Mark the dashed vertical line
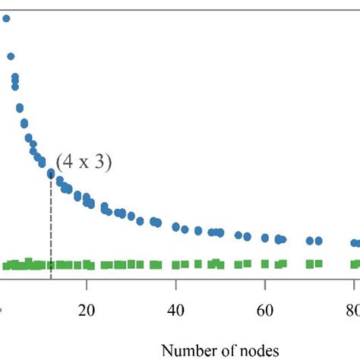click(51, 228)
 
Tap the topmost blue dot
click(5, 21)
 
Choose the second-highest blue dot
click(11, 55)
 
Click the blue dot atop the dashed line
click(51, 174)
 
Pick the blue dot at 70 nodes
click(310, 240)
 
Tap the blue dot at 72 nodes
click(319, 240)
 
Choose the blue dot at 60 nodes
click(265, 237)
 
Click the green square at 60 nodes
click(265, 264)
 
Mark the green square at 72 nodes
click(319, 264)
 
